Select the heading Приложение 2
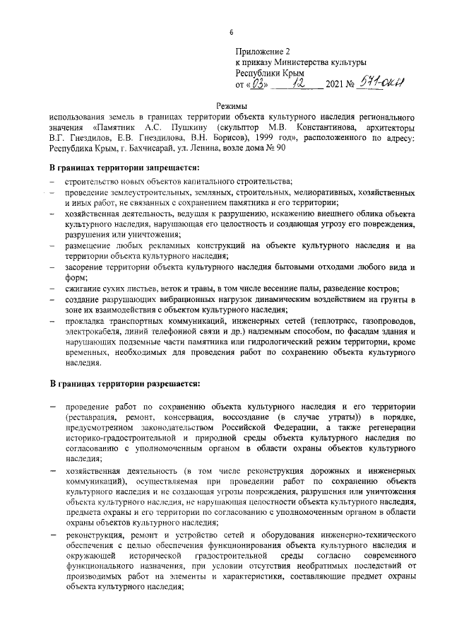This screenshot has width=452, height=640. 262,52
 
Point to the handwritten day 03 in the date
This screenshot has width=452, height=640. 256,83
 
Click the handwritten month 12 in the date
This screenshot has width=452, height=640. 302,83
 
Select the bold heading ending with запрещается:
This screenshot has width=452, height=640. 124,167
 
